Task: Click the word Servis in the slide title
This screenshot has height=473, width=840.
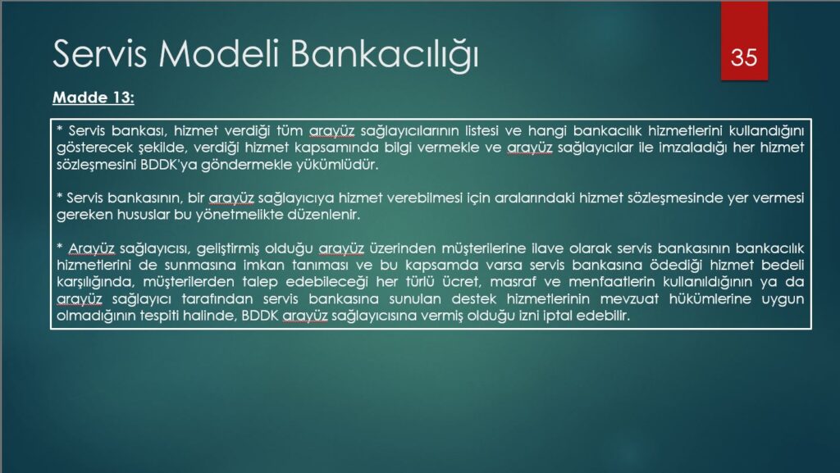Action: click(99, 53)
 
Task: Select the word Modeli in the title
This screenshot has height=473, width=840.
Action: click(220, 53)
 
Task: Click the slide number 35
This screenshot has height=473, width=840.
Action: click(744, 57)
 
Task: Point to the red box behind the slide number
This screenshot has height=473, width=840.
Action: click(744, 41)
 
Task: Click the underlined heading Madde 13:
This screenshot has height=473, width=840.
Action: click(94, 98)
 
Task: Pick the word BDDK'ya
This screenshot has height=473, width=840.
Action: click(168, 164)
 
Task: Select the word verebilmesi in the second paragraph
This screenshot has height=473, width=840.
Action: click(425, 198)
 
